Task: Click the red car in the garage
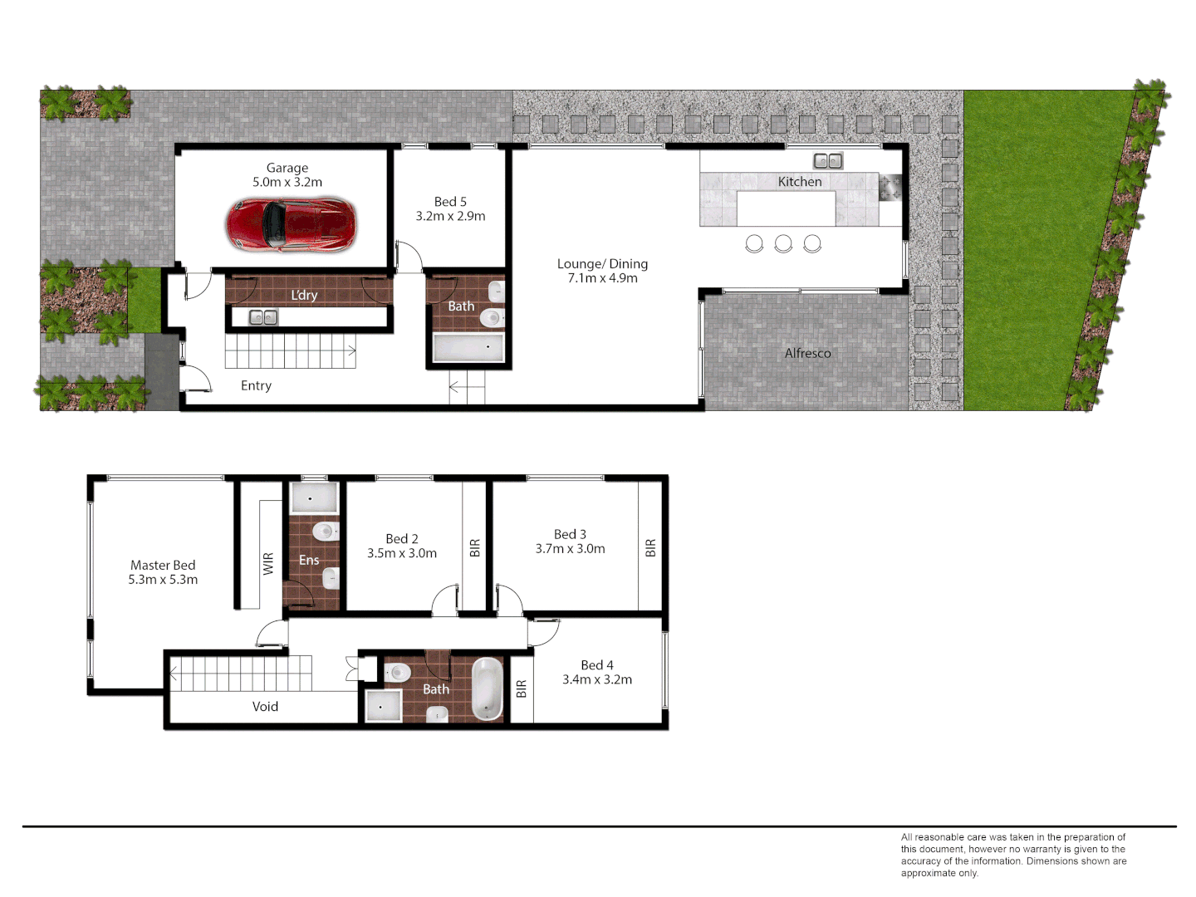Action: pos(291,224)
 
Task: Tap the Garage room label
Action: pos(287,168)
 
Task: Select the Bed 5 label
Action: pos(450,202)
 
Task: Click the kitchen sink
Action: pos(828,161)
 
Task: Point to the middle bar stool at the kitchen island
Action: pos(783,243)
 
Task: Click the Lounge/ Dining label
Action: pos(602,264)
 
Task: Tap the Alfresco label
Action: pos(807,353)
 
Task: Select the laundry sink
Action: pos(263,317)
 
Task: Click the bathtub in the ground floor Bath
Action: pos(468,348)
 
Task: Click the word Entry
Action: pos(256,385)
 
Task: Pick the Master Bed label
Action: pos(163,565)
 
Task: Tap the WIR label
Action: pos(268,564)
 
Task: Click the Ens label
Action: pos(309,561)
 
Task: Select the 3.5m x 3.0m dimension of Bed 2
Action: pos(402,553)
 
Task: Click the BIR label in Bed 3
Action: pos(650,548)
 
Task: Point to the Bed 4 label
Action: pos(597,665)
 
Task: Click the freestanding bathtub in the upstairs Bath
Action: pos(488,689)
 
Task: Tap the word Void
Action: pos(265,707)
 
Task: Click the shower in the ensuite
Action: pos(313,499)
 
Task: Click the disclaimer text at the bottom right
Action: pos(1013,855)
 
